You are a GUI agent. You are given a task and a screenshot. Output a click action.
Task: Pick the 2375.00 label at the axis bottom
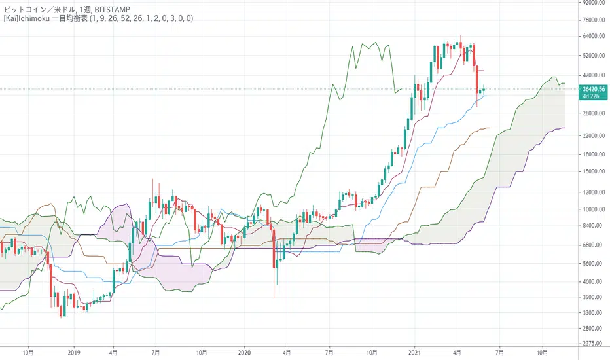pyautogui.click(x=592, y=344)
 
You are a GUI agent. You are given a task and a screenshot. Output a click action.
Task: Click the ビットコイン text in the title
pyautogui.click(x=25, y=8)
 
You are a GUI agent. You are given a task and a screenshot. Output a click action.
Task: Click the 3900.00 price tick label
pyautogui.click(x=592, y=297)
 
